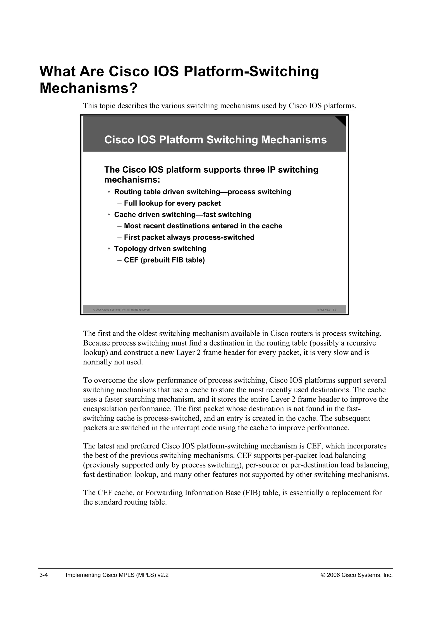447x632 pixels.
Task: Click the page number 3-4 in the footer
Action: (44, 575)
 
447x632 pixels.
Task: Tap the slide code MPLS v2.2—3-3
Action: (327, 310)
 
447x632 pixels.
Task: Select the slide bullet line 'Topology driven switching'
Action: (160, 249)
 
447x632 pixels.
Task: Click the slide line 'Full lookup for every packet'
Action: (172, 203)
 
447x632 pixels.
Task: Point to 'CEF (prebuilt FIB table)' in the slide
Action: (164, 260)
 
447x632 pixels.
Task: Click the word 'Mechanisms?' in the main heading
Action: (88, 88)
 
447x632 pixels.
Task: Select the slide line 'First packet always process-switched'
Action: (189, 237)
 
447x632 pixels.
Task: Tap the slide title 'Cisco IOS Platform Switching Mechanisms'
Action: (215, 140)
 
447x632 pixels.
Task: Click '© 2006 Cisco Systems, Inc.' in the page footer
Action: (357, 575)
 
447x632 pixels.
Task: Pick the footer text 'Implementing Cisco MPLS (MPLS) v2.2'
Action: (117, 575)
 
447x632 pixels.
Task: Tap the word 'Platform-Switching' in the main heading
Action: (251, 72)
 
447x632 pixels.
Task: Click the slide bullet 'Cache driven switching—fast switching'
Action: (183, 215)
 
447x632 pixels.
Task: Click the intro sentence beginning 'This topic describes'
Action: (220, 106)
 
